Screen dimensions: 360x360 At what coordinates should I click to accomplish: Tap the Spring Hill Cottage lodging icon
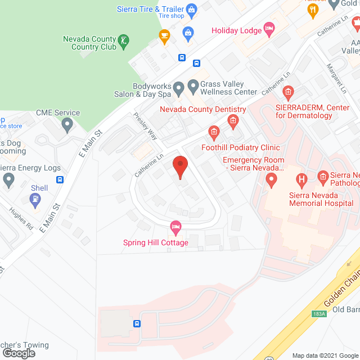175,228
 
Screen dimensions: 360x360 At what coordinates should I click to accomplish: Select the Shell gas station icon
36,199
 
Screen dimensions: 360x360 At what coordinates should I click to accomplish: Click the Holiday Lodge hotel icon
269,28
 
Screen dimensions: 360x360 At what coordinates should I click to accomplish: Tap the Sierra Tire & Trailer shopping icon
191,8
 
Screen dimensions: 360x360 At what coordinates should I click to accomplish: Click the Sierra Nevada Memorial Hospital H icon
302,181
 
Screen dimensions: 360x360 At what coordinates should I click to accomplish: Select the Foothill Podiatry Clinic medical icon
214,133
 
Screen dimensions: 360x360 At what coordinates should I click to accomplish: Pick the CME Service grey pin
67,124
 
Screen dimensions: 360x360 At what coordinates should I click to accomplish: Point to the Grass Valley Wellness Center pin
193,87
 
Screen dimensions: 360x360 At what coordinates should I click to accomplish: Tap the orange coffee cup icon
164,37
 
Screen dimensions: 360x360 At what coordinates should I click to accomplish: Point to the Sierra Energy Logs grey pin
8,181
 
